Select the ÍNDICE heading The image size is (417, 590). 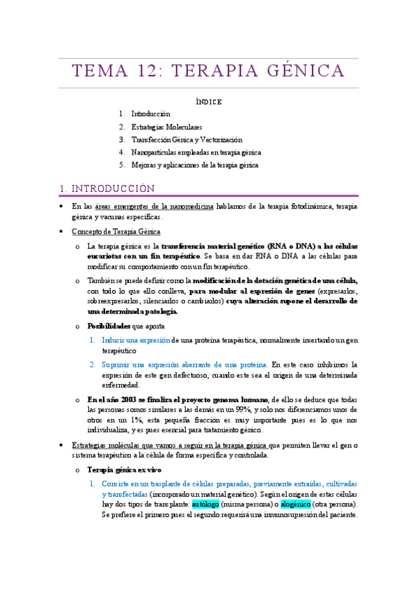point(208,102)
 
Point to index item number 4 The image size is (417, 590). point(122,152)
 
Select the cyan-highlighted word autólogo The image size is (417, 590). point(205,503)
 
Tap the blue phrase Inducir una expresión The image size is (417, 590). point(136,339)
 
